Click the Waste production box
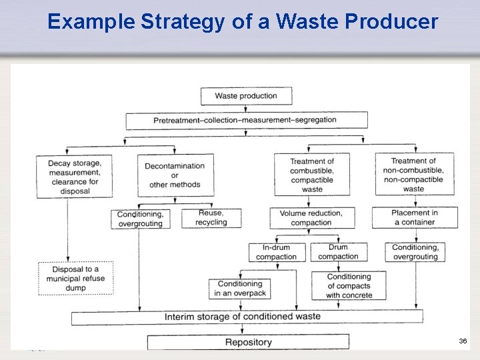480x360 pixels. pos(246,96)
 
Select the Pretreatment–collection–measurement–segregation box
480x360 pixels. pos(246,120)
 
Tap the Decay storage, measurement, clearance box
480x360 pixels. pos(74,176)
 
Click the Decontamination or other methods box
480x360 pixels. pos(175,175)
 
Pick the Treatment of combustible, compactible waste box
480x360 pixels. pos(312,175)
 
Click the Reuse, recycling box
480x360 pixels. pos(211,218)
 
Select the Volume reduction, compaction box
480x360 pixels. pos(311,218)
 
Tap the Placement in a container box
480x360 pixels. pos(415,217)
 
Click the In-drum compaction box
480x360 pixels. pos(277,252)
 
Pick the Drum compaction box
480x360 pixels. pos(338,252)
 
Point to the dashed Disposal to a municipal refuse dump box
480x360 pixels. pos(75,279)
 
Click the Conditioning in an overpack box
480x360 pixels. pos(241,289)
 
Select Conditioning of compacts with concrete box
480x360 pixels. pos(349,286)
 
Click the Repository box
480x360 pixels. pos(248,342)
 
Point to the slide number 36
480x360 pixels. pos(463,341)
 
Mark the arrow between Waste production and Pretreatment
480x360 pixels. pos(246,109)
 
